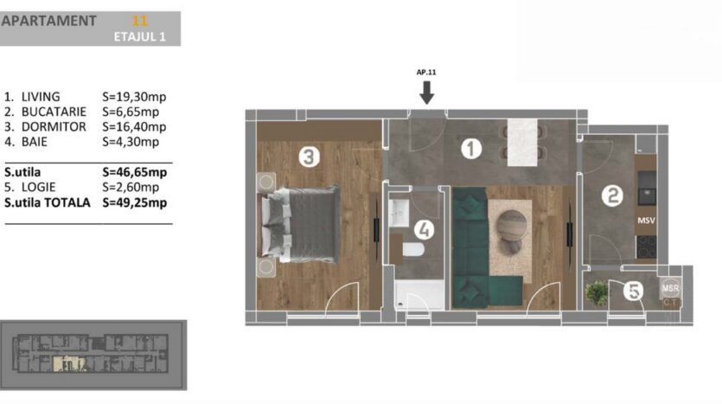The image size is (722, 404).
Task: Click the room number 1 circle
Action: tap(470, 149)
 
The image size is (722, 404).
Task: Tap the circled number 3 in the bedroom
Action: tap(309, 157)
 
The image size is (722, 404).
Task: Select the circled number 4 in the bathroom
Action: tap(424, 229)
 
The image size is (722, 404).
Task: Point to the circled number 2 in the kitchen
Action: tap(612, 196)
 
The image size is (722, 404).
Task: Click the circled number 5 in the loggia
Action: tap(634, 291)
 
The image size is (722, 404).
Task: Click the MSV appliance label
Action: tap(646, 221)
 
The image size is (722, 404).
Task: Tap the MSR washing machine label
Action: tap(670, 288)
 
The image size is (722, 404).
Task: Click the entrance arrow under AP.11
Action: tap(427, 93)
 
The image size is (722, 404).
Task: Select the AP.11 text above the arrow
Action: tap(426, 72)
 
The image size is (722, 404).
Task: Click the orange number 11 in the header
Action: tap(139, 21)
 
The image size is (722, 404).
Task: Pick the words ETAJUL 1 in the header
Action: tap(139, 37)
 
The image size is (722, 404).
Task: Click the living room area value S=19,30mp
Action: tap(134, 97)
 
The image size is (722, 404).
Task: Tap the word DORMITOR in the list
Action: tap(54, 126)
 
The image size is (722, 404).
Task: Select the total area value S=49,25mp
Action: tap(134, 202)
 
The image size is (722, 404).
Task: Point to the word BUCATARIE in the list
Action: tap(54, 112)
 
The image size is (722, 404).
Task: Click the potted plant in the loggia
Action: tap(597, 293)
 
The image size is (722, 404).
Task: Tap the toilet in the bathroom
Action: tap(413, 250)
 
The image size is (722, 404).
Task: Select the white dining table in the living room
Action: tap(521, 143)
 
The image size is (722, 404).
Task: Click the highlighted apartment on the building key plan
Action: tap(69, 363)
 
